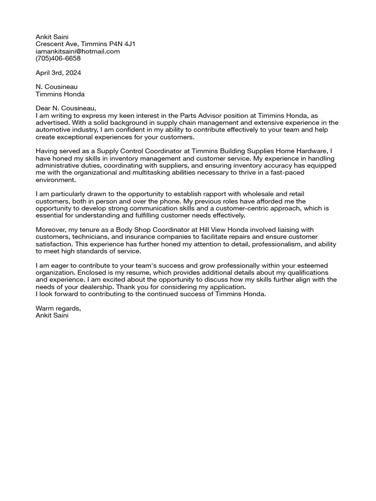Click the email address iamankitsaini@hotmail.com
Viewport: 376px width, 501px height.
point(78,51)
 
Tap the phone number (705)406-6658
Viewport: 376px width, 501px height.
point(58,58)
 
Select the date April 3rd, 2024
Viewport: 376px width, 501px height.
point(58,72)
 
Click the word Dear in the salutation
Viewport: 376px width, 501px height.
point(44,108)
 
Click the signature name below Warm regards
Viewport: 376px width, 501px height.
point(52,316)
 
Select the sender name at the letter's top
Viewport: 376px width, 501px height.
point(52,37)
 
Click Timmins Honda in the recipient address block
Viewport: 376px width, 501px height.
point(60,94)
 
